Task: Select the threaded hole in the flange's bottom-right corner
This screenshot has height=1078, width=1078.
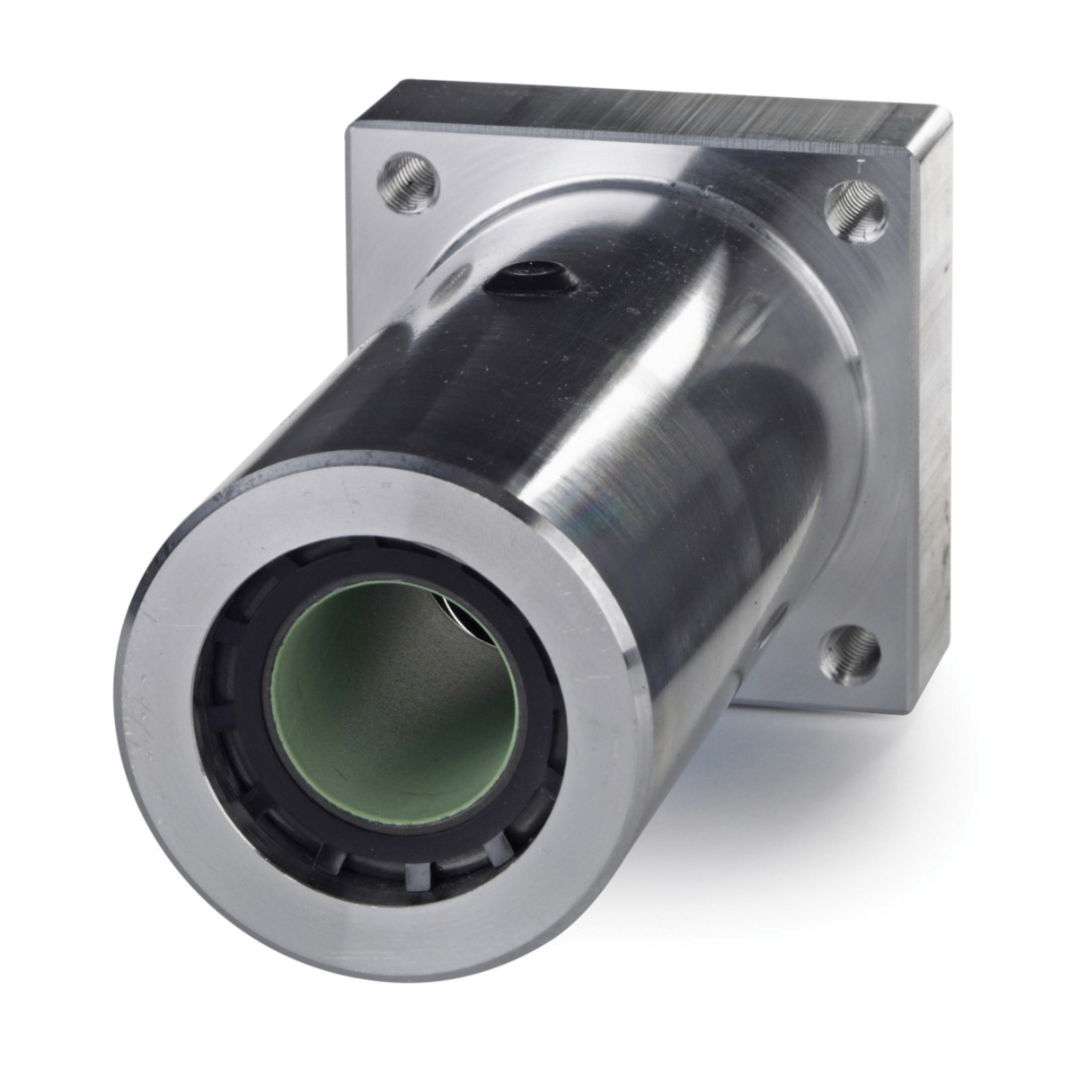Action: [x=850, y=651]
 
